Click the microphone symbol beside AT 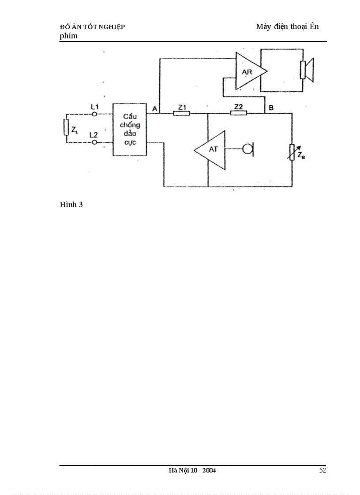pos(248,149)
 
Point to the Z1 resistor pos(181,113)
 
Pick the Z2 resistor pos(238,113)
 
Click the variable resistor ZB pos(292,152)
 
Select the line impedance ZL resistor pos(67,128)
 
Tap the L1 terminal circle pos(94,114)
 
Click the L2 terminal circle pos(94,142)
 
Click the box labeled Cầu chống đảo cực pos(129,130)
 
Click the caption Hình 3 pos(71,205)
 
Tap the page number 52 pos(322,470)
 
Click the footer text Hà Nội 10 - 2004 pos(192,471)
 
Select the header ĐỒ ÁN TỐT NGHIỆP pos(92,27)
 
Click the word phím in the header pos(68,36)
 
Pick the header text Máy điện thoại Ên pos(287,26)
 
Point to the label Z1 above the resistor pos(181,107)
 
